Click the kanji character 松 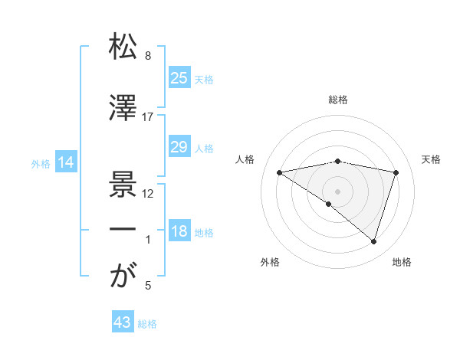click(123, 47)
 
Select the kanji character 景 click(123, 185)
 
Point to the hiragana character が click(123, 277)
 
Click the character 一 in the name click(123, 231)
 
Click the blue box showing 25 click(179, 77)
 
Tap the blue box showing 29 click(179, 147)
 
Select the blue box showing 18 click(179, 231)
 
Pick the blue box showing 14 click(65, 162)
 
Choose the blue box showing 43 click(123, 322)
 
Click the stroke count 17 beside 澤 click(148, 117)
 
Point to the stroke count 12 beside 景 click(148, 194)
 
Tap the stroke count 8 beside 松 click(148, 56)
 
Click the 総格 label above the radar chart click(338, 100)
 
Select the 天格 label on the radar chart click(432, 159)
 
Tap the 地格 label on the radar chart click(402, 262)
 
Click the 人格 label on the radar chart click(246, 159)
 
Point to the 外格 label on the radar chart click(270, 262)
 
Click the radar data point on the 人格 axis click(280, 172)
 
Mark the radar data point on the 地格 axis click(373, 242)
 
